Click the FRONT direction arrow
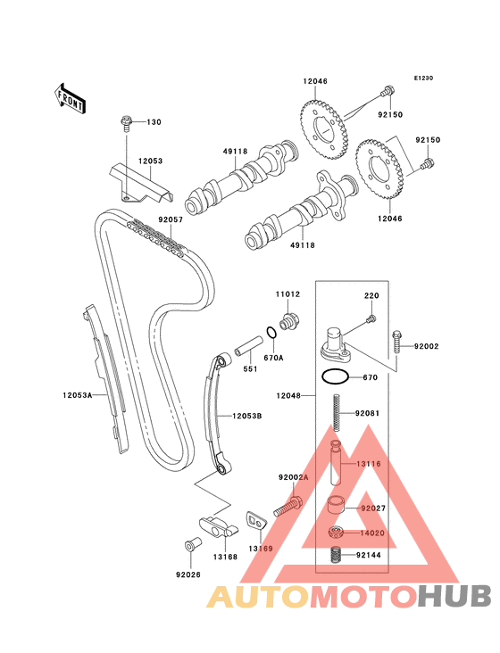(x=70, y=99)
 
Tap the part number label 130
(x=154, y=122)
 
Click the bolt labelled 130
(x=125, y=123)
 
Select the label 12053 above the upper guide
(x=150, y=161)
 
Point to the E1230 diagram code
(x=423, y=78)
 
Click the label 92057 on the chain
(x=171, y=219)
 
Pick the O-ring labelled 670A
(x=271, y=333)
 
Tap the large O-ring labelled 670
(x=335, y=376)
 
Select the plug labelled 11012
(x=289, y=320)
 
